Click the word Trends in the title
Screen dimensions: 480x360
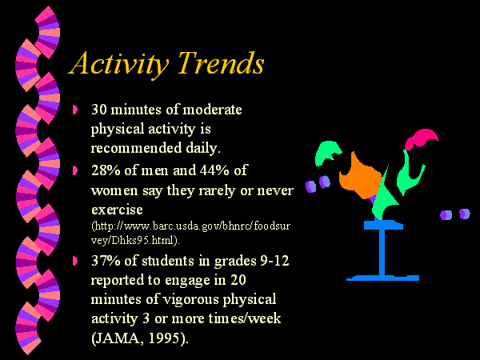click(222, 62)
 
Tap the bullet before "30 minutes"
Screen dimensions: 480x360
click(75, 110)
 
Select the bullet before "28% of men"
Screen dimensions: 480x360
click(75, 170)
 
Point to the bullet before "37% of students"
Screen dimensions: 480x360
click(75, 261)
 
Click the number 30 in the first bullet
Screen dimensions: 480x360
click(99, 110)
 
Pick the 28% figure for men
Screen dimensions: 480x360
click(106, 170)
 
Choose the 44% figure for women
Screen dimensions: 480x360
click(214, 170)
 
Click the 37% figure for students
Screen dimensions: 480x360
click(106, 261)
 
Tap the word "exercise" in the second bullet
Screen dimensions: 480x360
click(118, 210)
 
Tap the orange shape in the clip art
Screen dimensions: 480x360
click(360, 176)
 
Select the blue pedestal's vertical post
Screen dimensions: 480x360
click(382, 253)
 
